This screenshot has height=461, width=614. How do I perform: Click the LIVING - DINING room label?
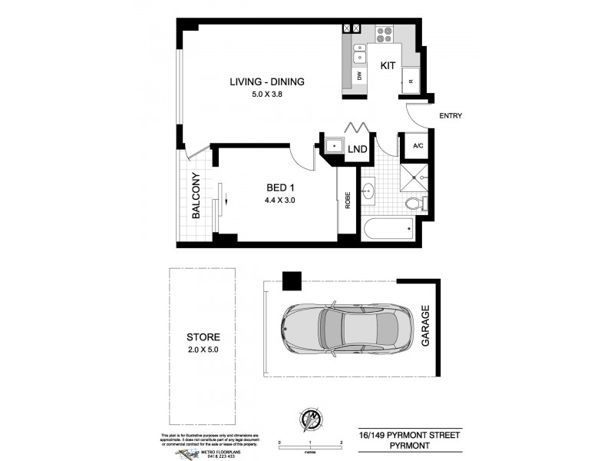click(x=268, y=82)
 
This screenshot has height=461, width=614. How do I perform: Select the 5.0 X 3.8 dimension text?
click(x=268, y=95)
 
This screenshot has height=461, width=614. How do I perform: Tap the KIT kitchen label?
click(x=388, y=66)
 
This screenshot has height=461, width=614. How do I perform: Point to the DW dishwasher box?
click(x=358, y=76)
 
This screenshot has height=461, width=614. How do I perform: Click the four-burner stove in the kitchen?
click(x=384, y=34)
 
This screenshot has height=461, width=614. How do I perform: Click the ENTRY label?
click(x=450, y=116)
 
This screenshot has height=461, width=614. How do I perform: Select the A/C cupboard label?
click(x=419, y=146)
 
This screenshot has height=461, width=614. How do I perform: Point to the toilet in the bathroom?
click(x=414, y=204)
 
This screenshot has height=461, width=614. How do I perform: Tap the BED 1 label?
click(x=281, y=188)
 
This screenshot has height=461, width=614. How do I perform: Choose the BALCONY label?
click(x=196, y=199)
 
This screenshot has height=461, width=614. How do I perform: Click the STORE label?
click(x=203, y=337)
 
